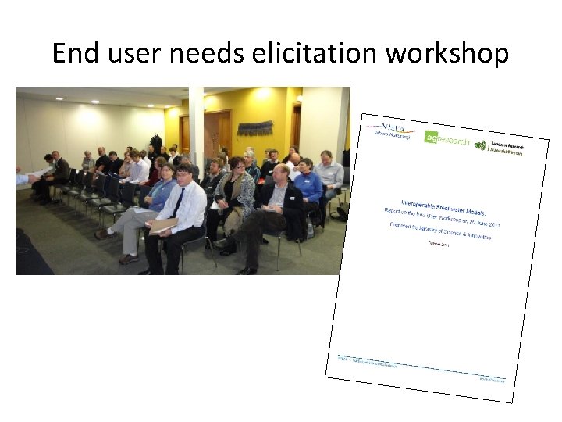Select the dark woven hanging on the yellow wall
click(254, 127)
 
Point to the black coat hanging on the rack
click(156, 145)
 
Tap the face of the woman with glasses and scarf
click(237, 166)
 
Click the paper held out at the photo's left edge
click(21, 178)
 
